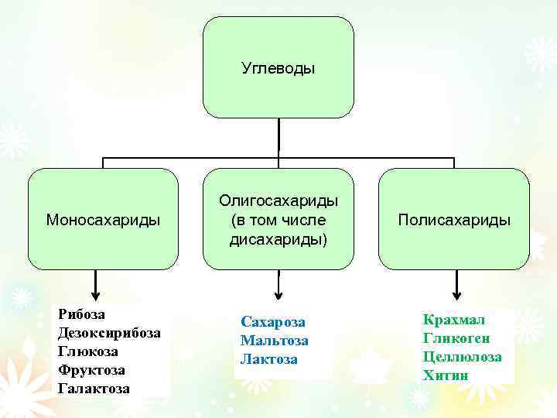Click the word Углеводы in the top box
pyautogui.click(x=278, y=69)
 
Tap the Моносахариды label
pyautogui.click(x=103, y=220)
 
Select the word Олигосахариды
pyautogui.click(x=278, y=200)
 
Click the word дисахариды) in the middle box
pyautogui.click(x=278, y=239)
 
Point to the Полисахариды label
pyautogui.click(x=454, y=220)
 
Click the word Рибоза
pyautogui.click(x=82, y=314)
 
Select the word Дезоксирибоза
pyautogui.click(x=110, y=333)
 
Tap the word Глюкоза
pyautogui.click(x=88, y=351)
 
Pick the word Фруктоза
pyautogui.click(x=91, y=370)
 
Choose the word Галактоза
pyautogui.click(x=94, y=389)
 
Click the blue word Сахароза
pyautogui.click(x=273, y=321)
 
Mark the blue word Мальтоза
pyautogui.click(x=275, y=341)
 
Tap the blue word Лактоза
pyautogui.click(x=269, y=359)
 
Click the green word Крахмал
pyautogui.click(x=454, y=319)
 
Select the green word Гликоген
pyautogui.click(x=456, y=338)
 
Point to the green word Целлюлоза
pyautogui.click(x=463, y=357)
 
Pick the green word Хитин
pyautogui.click(x=446, y=375)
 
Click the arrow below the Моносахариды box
pyautogui.click(x=95, y=285)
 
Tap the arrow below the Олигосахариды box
pyautogui.click(x=278, y=285)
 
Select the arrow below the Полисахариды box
pyautogui.click(x=456, y=285)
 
